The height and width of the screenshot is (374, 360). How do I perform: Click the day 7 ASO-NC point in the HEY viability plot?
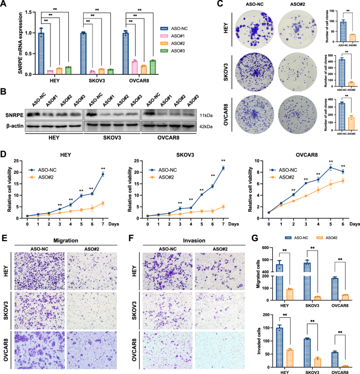pyautogui.click(x=102, y=174)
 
